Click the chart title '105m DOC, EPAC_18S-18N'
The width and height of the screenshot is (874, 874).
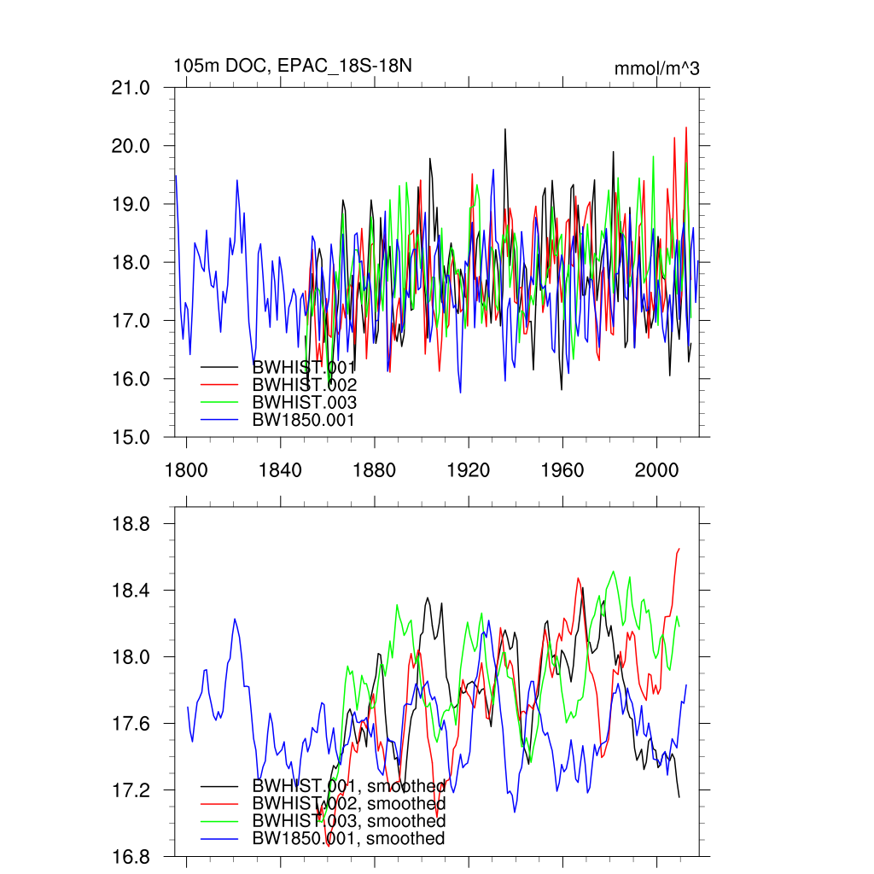(x=293, y=66)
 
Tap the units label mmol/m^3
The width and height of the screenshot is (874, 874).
(x=656, y=68)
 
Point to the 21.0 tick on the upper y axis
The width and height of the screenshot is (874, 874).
(x=138, y=88)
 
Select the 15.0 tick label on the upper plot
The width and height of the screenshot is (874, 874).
(x=138, y=437)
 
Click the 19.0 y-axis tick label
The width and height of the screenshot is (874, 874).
(x=138, y=204)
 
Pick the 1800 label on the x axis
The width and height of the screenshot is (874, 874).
(x=186, y=469)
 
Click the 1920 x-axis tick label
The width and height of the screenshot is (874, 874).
(x=469, y=469)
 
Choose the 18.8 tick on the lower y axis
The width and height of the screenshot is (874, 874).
(x=138, y=523)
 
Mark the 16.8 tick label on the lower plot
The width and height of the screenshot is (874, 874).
(x=138, y=857)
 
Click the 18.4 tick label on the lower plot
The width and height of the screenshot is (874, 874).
(x=138, y=591)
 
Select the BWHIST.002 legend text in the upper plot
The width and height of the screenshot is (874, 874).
(x=304, y=385)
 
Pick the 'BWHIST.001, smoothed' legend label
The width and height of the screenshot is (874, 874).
(x=348, y=786)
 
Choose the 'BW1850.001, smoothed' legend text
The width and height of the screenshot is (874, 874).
(x=348, y=839)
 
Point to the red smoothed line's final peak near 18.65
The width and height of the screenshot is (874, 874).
(x=679, y=549)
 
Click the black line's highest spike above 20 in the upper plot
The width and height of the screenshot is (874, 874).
(x=505, y=129)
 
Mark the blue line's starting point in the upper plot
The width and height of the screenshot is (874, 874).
(x=176, y=176)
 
